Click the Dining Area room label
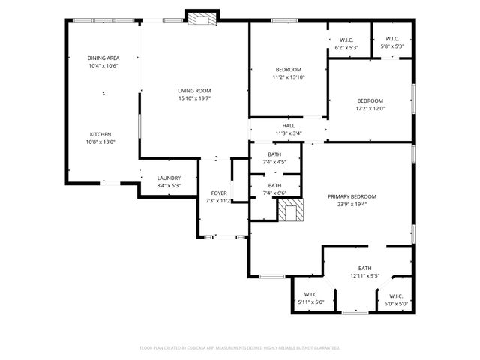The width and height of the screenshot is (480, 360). pos(103,58)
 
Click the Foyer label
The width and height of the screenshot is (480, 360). pos(218,193)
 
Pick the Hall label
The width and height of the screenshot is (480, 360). pos(289,126)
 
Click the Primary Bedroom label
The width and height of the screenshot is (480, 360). pos(352,196)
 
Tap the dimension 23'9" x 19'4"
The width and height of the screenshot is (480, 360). pos(352,204)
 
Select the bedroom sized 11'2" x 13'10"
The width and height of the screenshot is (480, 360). pos(288,72)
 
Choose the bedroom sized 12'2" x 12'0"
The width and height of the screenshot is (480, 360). pos(370,104)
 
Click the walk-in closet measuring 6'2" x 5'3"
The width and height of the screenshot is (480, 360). pos(346,43)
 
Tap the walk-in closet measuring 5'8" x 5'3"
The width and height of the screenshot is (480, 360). pos(391,43)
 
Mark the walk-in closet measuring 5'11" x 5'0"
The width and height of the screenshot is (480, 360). pos(310,298)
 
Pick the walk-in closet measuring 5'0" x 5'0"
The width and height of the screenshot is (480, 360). pos(396,300)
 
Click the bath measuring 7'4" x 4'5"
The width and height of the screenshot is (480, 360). pos(275,157)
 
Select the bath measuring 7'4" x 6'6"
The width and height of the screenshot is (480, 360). pos(275,189)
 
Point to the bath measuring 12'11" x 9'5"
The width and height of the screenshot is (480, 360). pos(364,271)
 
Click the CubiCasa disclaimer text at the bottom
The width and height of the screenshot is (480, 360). pos(240,348)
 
